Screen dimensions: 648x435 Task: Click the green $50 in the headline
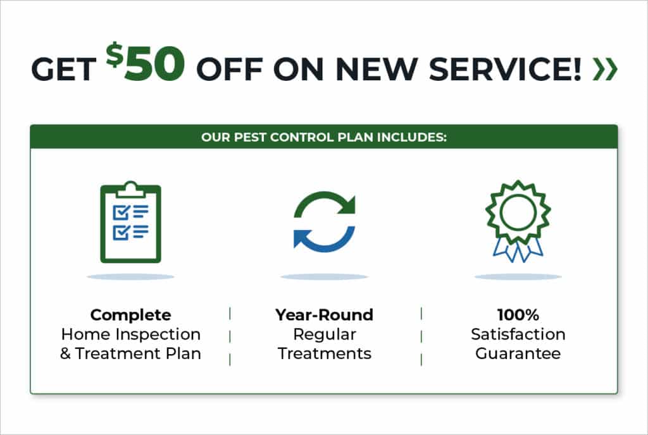[145, 62]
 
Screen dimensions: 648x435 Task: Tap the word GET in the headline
[64, 68]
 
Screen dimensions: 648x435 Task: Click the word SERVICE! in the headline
[505, 68]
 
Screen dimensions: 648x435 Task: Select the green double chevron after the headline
[605, 68]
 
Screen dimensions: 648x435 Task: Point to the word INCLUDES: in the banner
[411, 137]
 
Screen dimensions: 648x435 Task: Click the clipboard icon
[130, 222]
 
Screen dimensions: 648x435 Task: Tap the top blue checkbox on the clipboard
[121, 212]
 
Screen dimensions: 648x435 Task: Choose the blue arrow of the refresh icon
[325, 240]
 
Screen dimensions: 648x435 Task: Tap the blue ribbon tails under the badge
[518, 250]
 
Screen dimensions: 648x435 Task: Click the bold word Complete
[130, 315]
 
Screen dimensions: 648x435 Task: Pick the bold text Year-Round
[325, 315]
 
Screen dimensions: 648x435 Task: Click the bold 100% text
[518, 315]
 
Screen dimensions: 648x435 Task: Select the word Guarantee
[518, 353]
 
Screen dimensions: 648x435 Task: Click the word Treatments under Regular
[325, 353]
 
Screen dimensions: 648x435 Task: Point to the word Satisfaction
[518, 334]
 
